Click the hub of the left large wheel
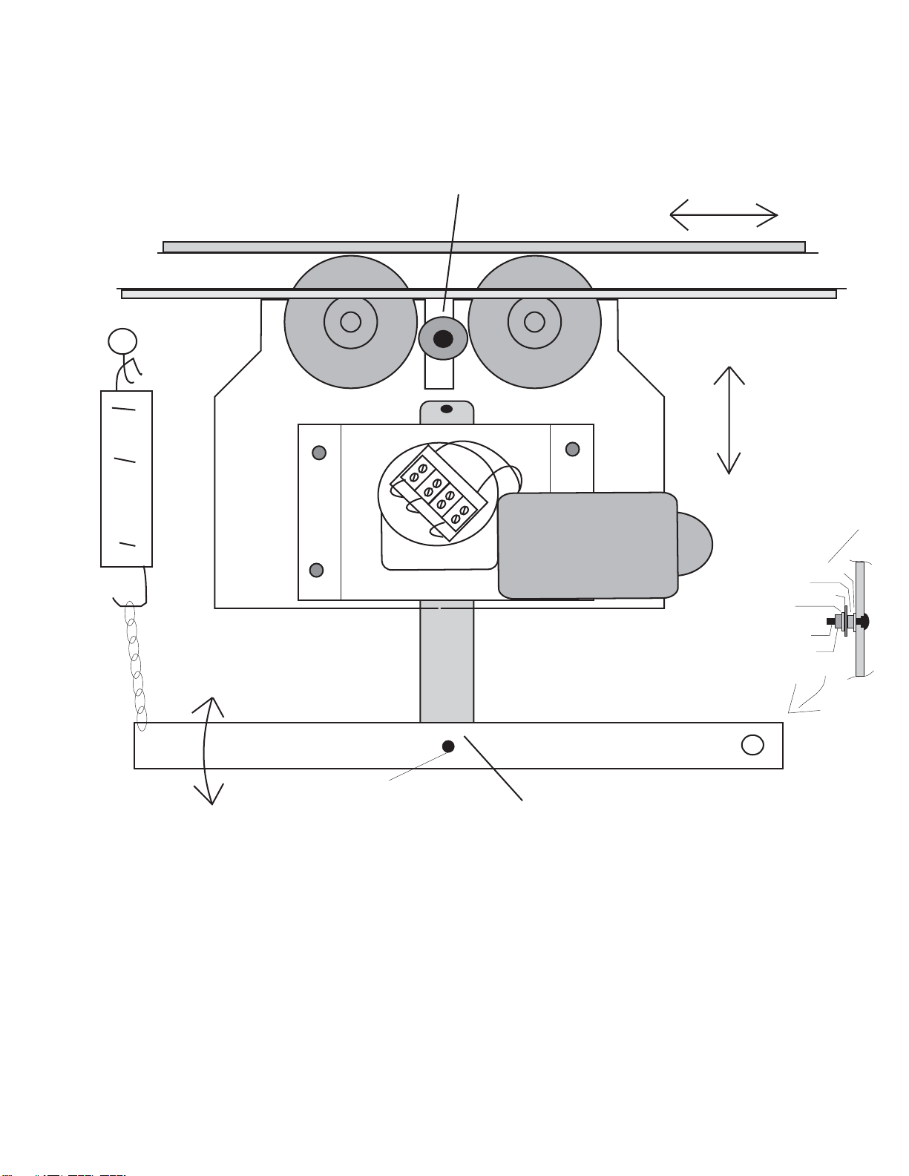(350, 322)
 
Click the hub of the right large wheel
(534, 322)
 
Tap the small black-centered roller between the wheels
(443, 339)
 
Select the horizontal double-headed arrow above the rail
(723, 215)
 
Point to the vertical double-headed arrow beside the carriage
(729, 420)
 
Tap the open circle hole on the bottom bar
(752, 745)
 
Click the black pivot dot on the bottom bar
(448, 746)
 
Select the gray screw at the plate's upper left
(319, 453)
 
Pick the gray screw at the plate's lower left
(316, 570)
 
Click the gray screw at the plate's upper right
(572, 449)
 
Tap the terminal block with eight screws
(439, 493)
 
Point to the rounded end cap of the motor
(696, 544)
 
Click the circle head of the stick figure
(122, 341)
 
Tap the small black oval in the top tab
(447, 409)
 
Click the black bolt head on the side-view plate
(864, 621)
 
